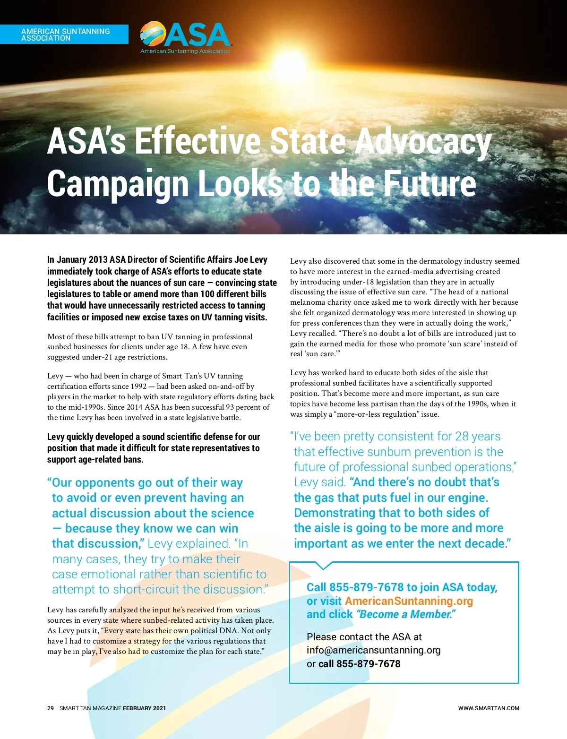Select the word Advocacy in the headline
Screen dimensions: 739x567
pyautogui.click(x=423, y=142)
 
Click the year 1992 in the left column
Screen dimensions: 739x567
pyautogui.click(x=138, y=387)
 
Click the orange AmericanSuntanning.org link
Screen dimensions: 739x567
pyautogui.click(x=409, y=601)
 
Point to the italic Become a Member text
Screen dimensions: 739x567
pyautogui.click(x=406, y=614)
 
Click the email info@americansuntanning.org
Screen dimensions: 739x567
pyautogui.click(x=373, y=650)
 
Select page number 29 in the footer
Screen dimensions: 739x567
pyautogui.click(x=51, y=708)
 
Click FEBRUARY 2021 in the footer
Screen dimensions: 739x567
pyautogui.click(x=144, y=708)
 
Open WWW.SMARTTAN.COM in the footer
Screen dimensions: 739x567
pyautogui.click(x=489, y=708)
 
